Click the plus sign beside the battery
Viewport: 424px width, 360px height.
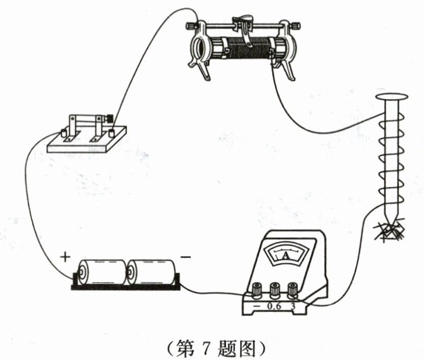point(65,257)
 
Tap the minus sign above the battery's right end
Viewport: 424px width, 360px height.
point(186,257)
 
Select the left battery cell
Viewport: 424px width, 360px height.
point(104,272)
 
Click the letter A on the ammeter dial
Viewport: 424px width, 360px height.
point(286,256)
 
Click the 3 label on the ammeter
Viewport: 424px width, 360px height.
point(293,307)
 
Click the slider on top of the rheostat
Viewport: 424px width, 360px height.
point(243,26)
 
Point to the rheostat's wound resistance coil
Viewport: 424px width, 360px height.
point(243,47)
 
